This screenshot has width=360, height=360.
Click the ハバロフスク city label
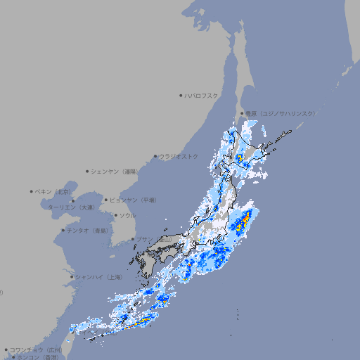point(202,95)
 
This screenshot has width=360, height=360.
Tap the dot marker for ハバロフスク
point(181,95)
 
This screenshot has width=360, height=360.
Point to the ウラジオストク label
point(179,156)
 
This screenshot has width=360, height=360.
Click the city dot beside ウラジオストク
point(155,156)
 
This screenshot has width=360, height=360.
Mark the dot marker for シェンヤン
point(87,171)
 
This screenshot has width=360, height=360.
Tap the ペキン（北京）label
point(53,191)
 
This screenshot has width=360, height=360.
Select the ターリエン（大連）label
point(70,207)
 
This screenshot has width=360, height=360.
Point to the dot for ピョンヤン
point(106,200)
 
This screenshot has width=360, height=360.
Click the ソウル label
point(127,215)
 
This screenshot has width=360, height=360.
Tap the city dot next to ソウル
point(115,215)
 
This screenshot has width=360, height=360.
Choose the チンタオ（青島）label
point(87,231)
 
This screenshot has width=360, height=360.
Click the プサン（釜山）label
point(154,239)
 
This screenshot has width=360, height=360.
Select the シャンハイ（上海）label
point(98,277)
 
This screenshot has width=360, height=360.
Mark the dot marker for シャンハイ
point(72,277)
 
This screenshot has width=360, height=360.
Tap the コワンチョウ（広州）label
point(35,349)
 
